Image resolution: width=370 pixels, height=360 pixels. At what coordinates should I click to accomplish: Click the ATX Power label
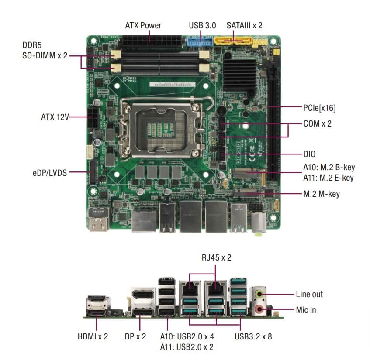[143, 25]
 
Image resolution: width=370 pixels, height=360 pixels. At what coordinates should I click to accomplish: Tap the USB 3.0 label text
[202, 25]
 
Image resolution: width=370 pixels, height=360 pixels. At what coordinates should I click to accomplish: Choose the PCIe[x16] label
[319, 107]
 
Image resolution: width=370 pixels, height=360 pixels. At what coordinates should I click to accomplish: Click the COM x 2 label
[317, 123]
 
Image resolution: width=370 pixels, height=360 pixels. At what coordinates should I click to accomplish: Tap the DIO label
[309, 154]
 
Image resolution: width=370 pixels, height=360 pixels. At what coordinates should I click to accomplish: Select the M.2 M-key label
[322, 193]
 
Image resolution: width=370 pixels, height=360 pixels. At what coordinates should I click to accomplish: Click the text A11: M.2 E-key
[328, 178]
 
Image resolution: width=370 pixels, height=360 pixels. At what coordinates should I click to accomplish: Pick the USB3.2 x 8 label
[253, 336]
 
